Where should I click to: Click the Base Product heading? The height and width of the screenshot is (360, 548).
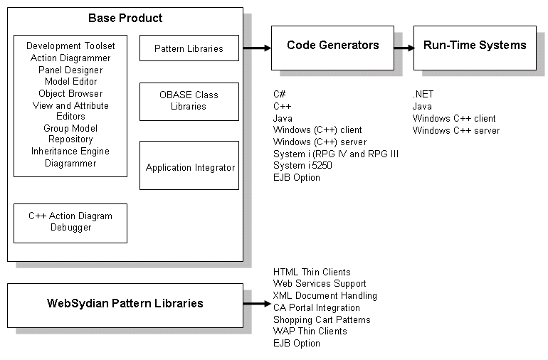click(125, 18)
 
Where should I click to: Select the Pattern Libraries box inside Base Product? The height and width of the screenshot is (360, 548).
click(189, 49)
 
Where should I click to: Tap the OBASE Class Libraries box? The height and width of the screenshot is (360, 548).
click(189, 101)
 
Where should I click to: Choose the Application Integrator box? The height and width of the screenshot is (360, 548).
click(189, 168)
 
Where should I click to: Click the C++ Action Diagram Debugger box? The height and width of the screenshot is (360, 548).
click(70, 222)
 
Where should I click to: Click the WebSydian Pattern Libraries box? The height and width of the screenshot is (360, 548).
click(125, 304)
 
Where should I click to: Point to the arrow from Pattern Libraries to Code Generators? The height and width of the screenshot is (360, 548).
click(256, 48)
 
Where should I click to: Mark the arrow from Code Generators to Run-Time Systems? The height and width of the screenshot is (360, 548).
click(404, 48)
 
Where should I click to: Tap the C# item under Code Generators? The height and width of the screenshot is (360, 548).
click(280, 94)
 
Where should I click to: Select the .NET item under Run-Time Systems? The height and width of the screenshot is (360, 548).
click(423, 94)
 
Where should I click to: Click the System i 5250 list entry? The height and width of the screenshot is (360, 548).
click(302, 166)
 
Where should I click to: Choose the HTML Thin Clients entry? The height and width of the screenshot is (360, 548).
click(312, 272)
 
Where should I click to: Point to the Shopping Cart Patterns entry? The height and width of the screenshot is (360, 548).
click(322, 319)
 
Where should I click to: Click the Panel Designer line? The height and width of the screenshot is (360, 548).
click(70, 70)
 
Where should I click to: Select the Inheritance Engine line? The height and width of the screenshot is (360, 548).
click(70, 152)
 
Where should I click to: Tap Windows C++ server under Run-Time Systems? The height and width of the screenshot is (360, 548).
click(456, 130)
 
